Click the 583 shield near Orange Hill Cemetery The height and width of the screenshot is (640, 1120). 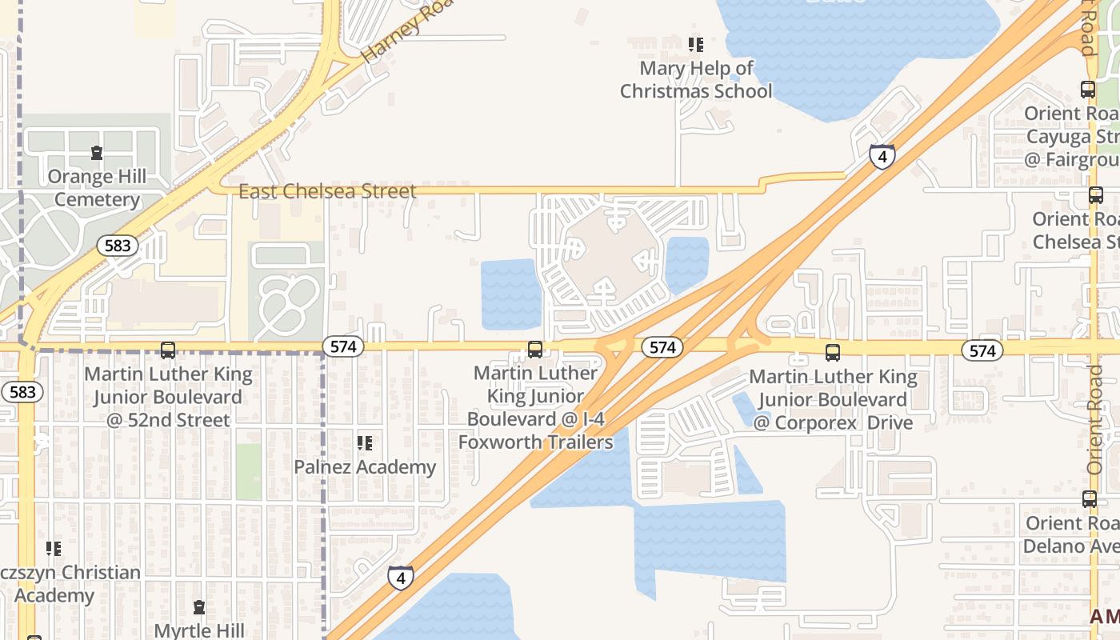point(118,246)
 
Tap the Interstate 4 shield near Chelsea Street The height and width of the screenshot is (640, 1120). point(882,157)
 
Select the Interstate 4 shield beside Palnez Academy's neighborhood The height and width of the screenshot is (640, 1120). point(401,577)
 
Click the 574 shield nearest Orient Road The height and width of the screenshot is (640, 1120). point(982,350)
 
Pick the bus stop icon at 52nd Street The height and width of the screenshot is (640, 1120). point(168,350)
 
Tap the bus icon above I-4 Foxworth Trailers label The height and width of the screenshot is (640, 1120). point(535,350)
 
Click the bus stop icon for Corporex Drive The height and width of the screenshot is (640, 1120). point(833,352)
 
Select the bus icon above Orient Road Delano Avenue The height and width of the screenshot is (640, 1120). point(1089,499)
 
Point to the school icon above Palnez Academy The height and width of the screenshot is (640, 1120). point(365,443)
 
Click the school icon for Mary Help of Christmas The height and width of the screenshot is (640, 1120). point(696,45)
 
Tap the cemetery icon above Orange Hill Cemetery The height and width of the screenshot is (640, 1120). point(97,153)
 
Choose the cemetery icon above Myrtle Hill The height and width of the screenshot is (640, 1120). point(199,608)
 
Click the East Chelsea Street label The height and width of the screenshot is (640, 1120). point(327,191)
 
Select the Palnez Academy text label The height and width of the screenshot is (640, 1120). point(365,467)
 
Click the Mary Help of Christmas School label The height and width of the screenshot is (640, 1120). point(696,80)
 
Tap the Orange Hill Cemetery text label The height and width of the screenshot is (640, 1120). point(97,188)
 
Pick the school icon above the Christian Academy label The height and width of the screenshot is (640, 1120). point(54,549)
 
